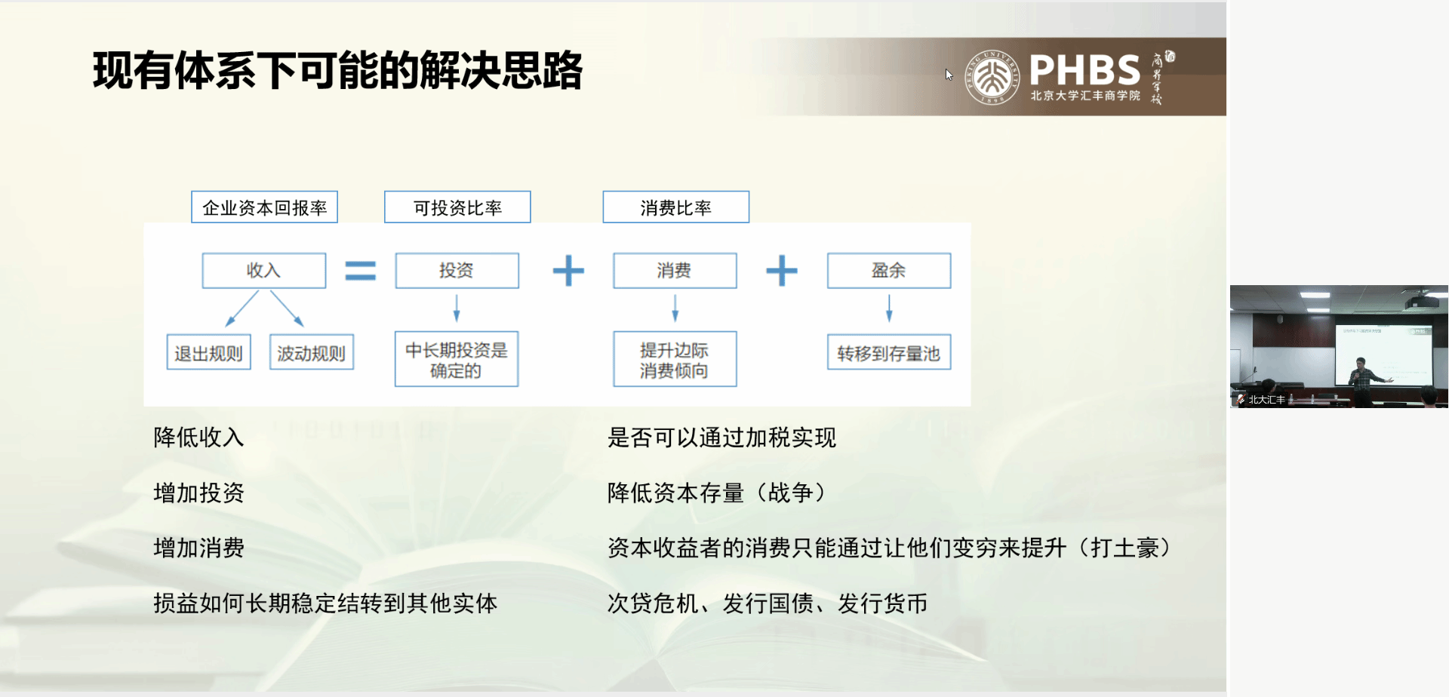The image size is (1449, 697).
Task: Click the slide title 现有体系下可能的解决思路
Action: tap(337, 71)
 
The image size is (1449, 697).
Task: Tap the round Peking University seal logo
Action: tap(992, 77)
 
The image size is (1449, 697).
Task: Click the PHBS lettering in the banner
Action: tap(1084, 70)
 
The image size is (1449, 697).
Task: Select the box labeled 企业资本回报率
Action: tap(264, 207)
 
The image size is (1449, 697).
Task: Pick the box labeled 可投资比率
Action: tap(457, 207)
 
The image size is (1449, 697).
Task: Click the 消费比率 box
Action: tap(675, 207)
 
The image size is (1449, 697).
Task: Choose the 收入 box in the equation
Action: tap(264, 271)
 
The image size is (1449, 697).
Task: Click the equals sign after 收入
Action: tap(361, 271)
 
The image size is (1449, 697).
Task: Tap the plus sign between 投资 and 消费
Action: tap(568, 271)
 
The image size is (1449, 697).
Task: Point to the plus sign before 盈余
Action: tap(782, 271)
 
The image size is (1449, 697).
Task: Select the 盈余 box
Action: tap(889, 271)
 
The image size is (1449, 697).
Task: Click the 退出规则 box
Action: tap(208, 353)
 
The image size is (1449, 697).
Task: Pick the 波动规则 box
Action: tap(312, 353)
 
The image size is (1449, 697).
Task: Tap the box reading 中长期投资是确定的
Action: tap(457, 360)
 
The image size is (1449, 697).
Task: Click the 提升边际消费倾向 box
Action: tap(675, 360)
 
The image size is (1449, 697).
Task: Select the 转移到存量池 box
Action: tap(889, 353)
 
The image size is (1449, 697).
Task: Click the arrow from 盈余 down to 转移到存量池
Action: tap(889, 308)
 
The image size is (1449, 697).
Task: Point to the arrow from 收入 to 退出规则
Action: tap(241, 309)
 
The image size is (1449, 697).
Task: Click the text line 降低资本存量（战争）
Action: tap(717, 493)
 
